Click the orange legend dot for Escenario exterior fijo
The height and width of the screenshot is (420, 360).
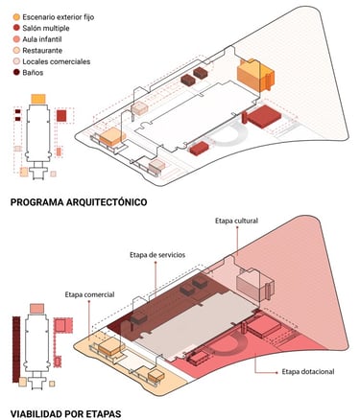click(16, 17)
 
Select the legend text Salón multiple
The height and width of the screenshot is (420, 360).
click(46, 28)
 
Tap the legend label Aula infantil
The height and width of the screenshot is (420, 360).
click(42, 39)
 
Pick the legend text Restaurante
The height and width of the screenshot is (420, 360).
click(42, 51)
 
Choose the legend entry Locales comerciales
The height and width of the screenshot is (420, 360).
click(57, 61)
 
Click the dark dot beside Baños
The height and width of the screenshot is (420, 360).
click(16, 72)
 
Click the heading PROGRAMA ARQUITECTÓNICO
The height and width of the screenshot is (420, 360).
click(79, 202)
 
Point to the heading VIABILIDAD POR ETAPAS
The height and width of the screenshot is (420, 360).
click(65, 413)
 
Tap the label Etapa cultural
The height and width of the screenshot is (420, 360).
click(236, 221)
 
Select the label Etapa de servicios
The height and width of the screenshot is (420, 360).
click(157, 255)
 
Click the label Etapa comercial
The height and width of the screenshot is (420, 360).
click(89, 294)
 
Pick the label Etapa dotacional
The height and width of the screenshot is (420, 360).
click(308, 372)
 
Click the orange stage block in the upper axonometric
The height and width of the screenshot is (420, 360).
click(255, 76)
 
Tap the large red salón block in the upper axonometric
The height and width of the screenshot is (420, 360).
click(264, 116)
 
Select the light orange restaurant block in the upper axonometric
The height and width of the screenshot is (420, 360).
click(112, 137)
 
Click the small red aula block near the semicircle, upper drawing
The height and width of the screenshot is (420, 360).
click(199, 149)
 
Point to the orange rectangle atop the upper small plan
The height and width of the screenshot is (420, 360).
click(38, 99)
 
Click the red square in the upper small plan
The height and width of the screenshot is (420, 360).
click(61, 115)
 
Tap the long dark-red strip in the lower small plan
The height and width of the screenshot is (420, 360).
click(16, 349)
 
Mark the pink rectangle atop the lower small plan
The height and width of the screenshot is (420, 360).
click(36, 309)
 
